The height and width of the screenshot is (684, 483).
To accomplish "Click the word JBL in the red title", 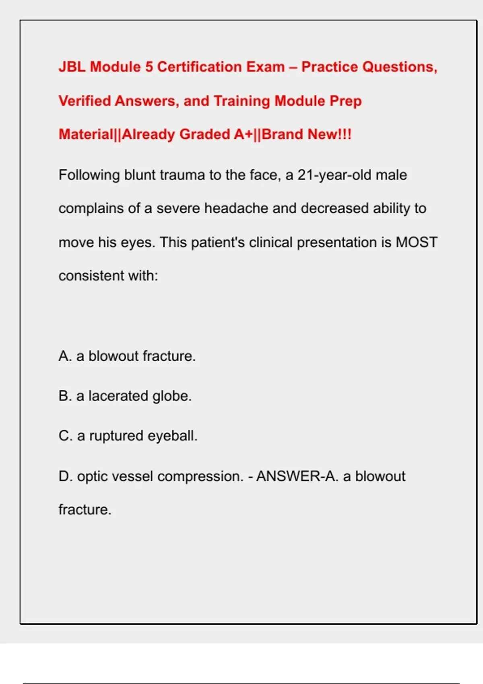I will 72,67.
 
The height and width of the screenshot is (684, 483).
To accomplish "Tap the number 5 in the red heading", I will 149,67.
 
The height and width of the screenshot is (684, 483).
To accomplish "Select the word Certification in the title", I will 199,67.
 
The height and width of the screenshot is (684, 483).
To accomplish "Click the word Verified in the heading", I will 85,101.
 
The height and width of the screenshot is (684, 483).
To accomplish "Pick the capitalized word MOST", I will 417,242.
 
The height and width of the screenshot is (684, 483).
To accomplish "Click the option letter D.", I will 66,476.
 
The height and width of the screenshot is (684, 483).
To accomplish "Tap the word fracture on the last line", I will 85,510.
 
